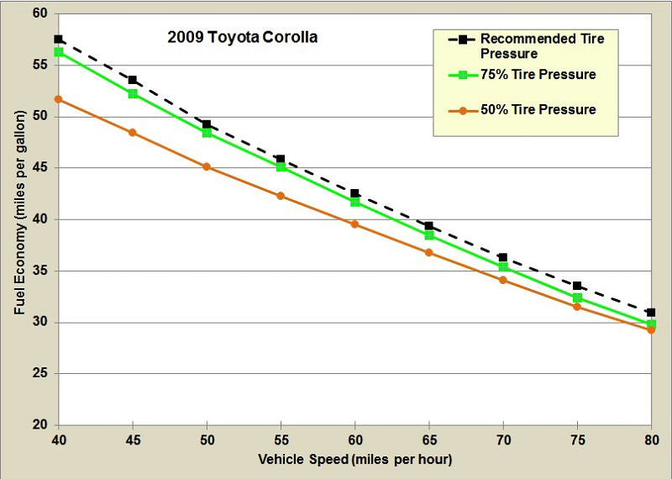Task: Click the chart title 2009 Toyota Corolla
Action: tap(240, 38)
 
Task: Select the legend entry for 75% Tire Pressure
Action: tap(538, 75)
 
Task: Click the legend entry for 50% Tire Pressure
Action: tap(538, 109)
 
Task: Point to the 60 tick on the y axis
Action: tap(40, 14)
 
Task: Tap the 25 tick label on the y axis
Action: tap(40, 374)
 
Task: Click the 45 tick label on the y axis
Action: tap(40, 168)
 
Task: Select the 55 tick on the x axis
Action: tap(281, 440)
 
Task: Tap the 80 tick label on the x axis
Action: tap(650, 440)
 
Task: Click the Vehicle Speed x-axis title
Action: tap(354, 459)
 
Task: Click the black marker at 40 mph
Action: tap(59, 39)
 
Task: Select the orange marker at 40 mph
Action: tap(59, 99)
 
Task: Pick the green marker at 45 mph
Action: tap(133, 93)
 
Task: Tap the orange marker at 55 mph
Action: tap(281, 196)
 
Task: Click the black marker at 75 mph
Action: tap(576, 286)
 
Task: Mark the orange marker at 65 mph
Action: tap(428, 252)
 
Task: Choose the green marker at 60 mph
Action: tap(354, 202)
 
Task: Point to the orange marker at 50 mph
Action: tap(207, 166)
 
